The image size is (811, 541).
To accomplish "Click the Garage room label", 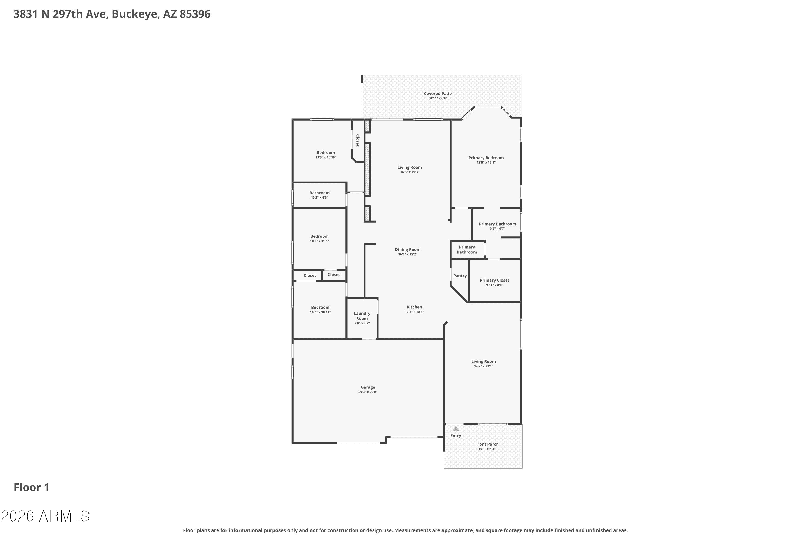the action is tap(368, 387).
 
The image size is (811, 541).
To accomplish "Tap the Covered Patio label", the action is tap(438, 94).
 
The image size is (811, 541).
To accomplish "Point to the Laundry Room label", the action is tap(362, 316).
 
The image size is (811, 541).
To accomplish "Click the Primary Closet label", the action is tap(494, 280).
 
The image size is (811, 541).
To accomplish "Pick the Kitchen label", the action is tap(414, 307).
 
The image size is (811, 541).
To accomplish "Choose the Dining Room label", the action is tap(408, 250).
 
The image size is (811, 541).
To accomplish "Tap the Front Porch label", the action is tap(487, 444).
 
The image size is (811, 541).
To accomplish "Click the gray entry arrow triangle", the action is tap(456, 428).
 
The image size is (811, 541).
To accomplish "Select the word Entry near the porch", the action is tap(456, 436).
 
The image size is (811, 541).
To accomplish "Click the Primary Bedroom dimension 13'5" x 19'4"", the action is tap(486, 163).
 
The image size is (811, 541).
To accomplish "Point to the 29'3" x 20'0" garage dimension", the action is tap(368, 392).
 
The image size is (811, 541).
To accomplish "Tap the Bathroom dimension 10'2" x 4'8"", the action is tap(319, 197).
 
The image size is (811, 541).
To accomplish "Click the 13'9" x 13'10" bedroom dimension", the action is tap(325, 157).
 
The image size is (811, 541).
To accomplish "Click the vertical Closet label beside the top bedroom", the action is tap(358, 140).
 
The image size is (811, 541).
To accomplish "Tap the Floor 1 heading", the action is tap(32, 487).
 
